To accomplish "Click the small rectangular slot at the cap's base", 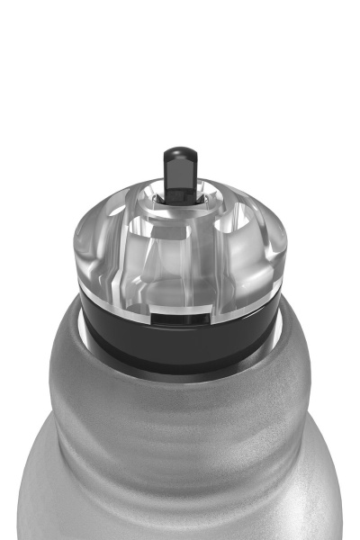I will point(180,317).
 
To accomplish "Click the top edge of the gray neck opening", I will point(180,368).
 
